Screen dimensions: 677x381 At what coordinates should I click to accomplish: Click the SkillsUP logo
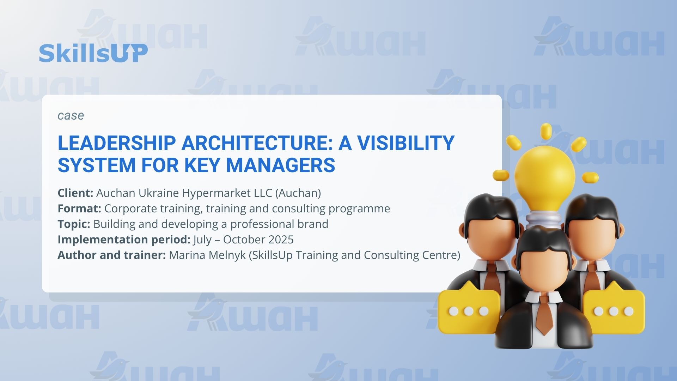(93, 53)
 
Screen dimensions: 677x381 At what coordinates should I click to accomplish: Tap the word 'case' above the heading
(71, 116)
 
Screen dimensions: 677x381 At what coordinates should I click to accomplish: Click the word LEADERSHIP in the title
(117, 143)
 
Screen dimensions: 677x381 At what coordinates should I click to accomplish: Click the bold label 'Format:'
(79, 208)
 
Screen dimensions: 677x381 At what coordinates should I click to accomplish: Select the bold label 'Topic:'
(74, 224)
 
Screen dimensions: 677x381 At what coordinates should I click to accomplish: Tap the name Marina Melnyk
(207, 255)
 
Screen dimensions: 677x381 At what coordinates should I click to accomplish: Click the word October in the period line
(244, 240)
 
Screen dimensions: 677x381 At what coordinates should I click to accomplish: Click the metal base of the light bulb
(545, 219)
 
